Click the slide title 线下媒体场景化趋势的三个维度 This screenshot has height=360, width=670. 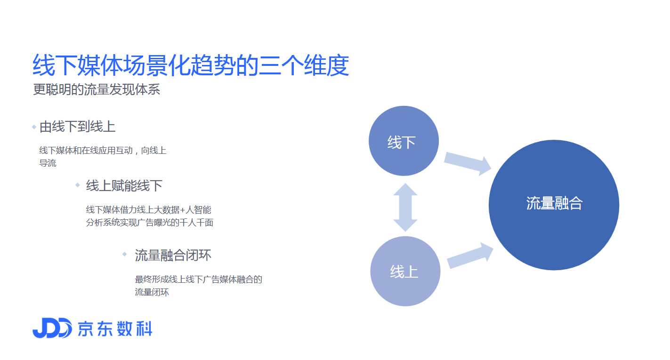[x=191, y=65]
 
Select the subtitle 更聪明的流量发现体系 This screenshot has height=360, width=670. [x=97, y=89]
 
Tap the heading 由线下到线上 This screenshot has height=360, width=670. [x=78, y=127]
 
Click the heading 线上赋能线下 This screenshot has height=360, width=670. [x=124, y=186]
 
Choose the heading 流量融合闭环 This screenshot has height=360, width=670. [x=173, y=256]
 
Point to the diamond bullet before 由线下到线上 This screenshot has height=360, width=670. [x=34, y=127]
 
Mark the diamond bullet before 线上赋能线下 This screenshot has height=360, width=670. [x=78, y=185]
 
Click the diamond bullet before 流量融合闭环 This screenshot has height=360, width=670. [x=124, y=254]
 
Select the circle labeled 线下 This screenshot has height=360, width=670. [x=404, y=141]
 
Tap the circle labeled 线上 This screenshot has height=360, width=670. [x=405, y=271]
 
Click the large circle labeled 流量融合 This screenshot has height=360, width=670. [x=554, y=205]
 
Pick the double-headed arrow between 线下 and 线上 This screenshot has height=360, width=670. [x=405, y=207]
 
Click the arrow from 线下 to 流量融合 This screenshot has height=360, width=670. [x=468, y=163]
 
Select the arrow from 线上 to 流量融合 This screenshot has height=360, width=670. [x=470, y=256]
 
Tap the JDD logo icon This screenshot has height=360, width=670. [x=52, y=328]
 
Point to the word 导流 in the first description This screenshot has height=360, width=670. [x=48, y=163]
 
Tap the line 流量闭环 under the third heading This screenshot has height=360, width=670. [x=152, y=292]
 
